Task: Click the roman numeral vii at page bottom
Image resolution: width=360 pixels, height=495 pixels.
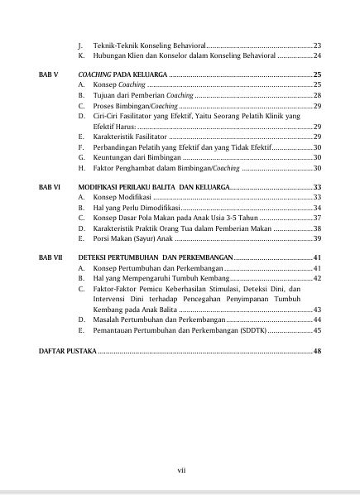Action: [181, 470]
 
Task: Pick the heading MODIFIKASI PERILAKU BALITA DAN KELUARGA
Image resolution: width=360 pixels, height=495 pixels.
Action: [160, 187]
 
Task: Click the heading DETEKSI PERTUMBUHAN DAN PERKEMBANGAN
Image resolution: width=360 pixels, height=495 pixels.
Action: [160, 258]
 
